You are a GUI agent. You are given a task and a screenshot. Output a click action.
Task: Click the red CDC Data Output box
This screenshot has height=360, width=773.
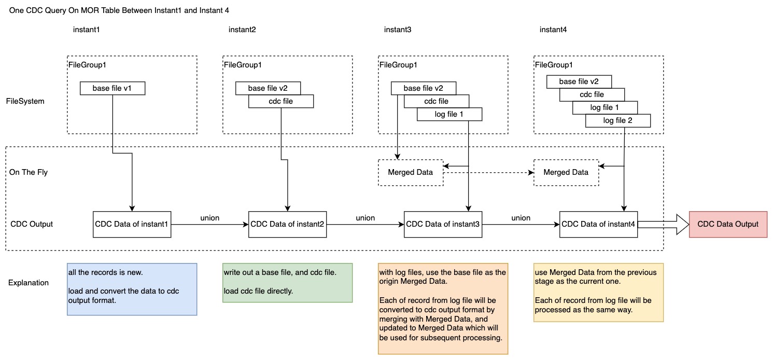[x=728, y=224]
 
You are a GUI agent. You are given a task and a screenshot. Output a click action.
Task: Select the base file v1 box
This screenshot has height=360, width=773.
[x=113, y=88]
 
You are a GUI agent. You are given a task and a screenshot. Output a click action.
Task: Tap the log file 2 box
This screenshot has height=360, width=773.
[x=617, y=121]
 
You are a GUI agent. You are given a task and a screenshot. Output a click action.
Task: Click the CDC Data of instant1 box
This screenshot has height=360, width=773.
[x=132, y=224]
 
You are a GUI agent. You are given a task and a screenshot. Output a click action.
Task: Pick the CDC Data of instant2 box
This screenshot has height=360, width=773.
[x=288, y=224]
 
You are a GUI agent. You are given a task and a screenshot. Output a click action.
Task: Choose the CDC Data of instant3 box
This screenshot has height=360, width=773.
[x=443, y=224]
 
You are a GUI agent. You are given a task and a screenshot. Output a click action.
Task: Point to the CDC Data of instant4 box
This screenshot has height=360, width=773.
[x=599, y=224]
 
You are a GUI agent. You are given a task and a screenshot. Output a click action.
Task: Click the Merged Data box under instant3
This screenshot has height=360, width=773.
[x=411, y=172]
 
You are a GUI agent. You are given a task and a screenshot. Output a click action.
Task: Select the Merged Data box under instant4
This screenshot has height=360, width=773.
[x=566, y=172]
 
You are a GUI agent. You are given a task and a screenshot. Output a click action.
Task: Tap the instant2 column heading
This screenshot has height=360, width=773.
[x=242, y=30]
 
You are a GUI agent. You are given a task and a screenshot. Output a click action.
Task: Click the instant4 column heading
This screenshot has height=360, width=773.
[x=553, y=30]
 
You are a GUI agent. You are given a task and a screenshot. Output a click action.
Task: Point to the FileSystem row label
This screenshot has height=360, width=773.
[x=25, y=101]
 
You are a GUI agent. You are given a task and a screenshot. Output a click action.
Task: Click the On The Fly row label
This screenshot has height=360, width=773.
[x=29, y=172]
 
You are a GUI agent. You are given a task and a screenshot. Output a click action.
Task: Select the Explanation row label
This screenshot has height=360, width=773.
[x=29, y=283]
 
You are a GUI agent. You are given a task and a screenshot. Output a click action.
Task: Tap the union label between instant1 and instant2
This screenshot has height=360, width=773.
[x=210, y=218]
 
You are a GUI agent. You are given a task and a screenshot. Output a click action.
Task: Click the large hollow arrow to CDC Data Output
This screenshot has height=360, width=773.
[x=663, y=224]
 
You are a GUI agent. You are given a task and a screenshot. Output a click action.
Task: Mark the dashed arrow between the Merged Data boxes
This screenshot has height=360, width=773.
[x=488, y=172]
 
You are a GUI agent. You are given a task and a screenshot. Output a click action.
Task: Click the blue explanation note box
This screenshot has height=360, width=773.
[x=132, y=289]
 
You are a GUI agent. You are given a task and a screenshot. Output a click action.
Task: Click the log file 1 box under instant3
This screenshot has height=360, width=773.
[x=449, y=114]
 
